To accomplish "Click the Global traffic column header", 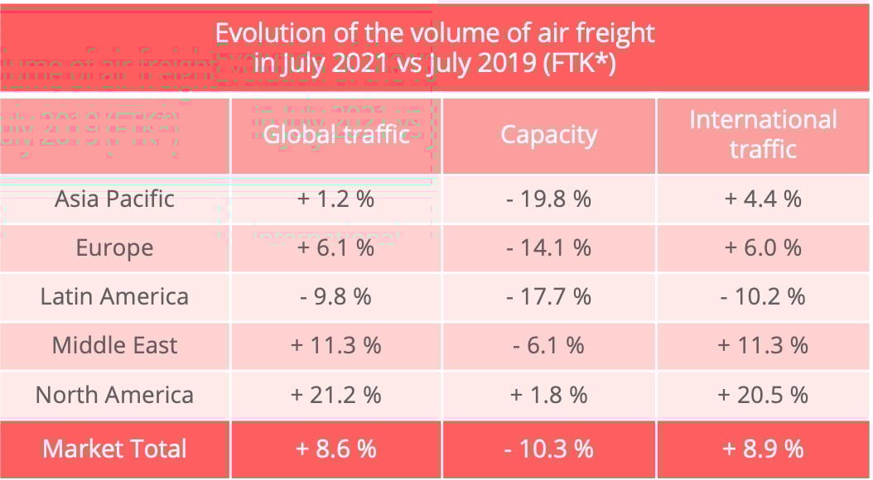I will click(336, 135).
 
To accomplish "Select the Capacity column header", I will click(548, 135).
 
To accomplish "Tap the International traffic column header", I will click(763, 134).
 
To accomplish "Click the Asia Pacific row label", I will click(114, 199).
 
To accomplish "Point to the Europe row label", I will click(114, 247).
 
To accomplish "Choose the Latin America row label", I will click(114, 296).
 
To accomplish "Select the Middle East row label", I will click(114, 345).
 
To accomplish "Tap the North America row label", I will click(114, 395).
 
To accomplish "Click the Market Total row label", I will click(114, 449).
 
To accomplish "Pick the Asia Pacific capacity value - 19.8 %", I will click(548, 199).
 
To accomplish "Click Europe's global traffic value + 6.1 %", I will click(336, 247).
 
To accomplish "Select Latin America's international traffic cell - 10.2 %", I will click(763, 296).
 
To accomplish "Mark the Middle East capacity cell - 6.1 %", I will click(548, 345).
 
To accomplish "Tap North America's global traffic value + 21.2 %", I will click(336, 395).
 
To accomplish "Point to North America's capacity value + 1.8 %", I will click(548, 395).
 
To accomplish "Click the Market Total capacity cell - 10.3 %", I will click(548, 449).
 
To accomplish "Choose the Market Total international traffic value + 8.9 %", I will click(763, 449).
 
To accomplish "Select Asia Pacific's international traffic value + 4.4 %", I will click(763, 199).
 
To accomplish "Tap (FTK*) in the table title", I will click(579, 63).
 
